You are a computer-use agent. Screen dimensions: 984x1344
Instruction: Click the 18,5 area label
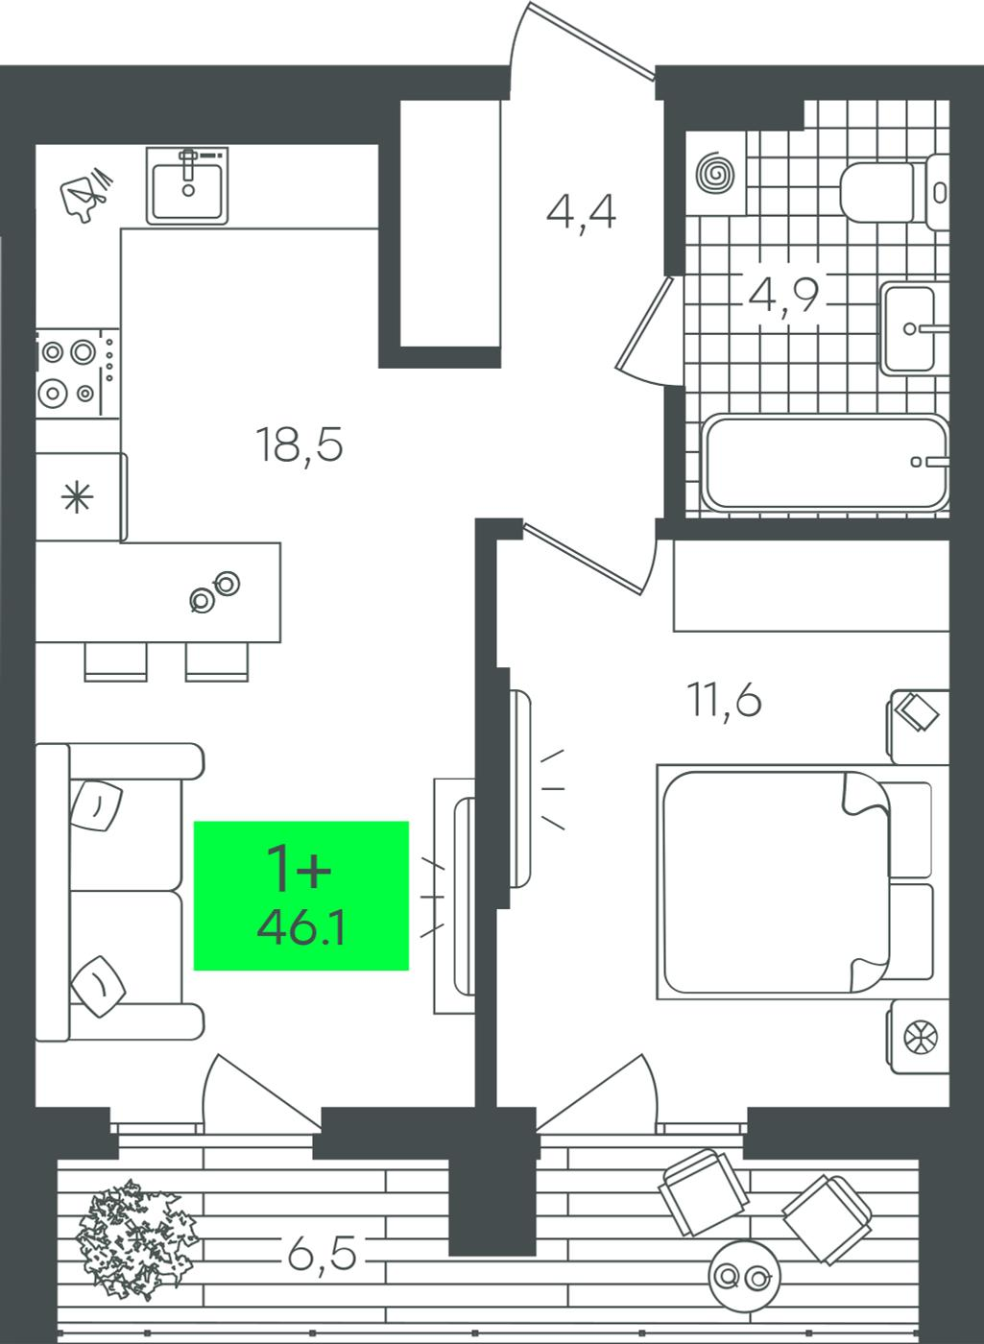[x=300, y=444]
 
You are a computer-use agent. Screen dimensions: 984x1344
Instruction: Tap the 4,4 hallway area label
[x=581, y=213]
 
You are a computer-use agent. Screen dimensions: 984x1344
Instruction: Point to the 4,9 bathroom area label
[x=783, y=296]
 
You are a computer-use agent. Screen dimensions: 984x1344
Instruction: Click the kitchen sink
[x=187, y=186]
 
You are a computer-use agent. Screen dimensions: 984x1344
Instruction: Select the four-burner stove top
[x=78, y=373]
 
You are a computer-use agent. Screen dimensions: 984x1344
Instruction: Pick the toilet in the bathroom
[x=894, y=193]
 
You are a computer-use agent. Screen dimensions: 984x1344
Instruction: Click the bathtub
[x=825, y=463]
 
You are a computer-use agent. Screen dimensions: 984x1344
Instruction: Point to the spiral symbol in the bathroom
[x=715, y=174]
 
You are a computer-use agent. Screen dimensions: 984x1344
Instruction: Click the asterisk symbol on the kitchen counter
[x=78, y=497]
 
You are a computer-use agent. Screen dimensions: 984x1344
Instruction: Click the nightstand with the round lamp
[x=918, y=1037]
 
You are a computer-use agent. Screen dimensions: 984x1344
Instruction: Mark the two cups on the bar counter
[x=215, y=591]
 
